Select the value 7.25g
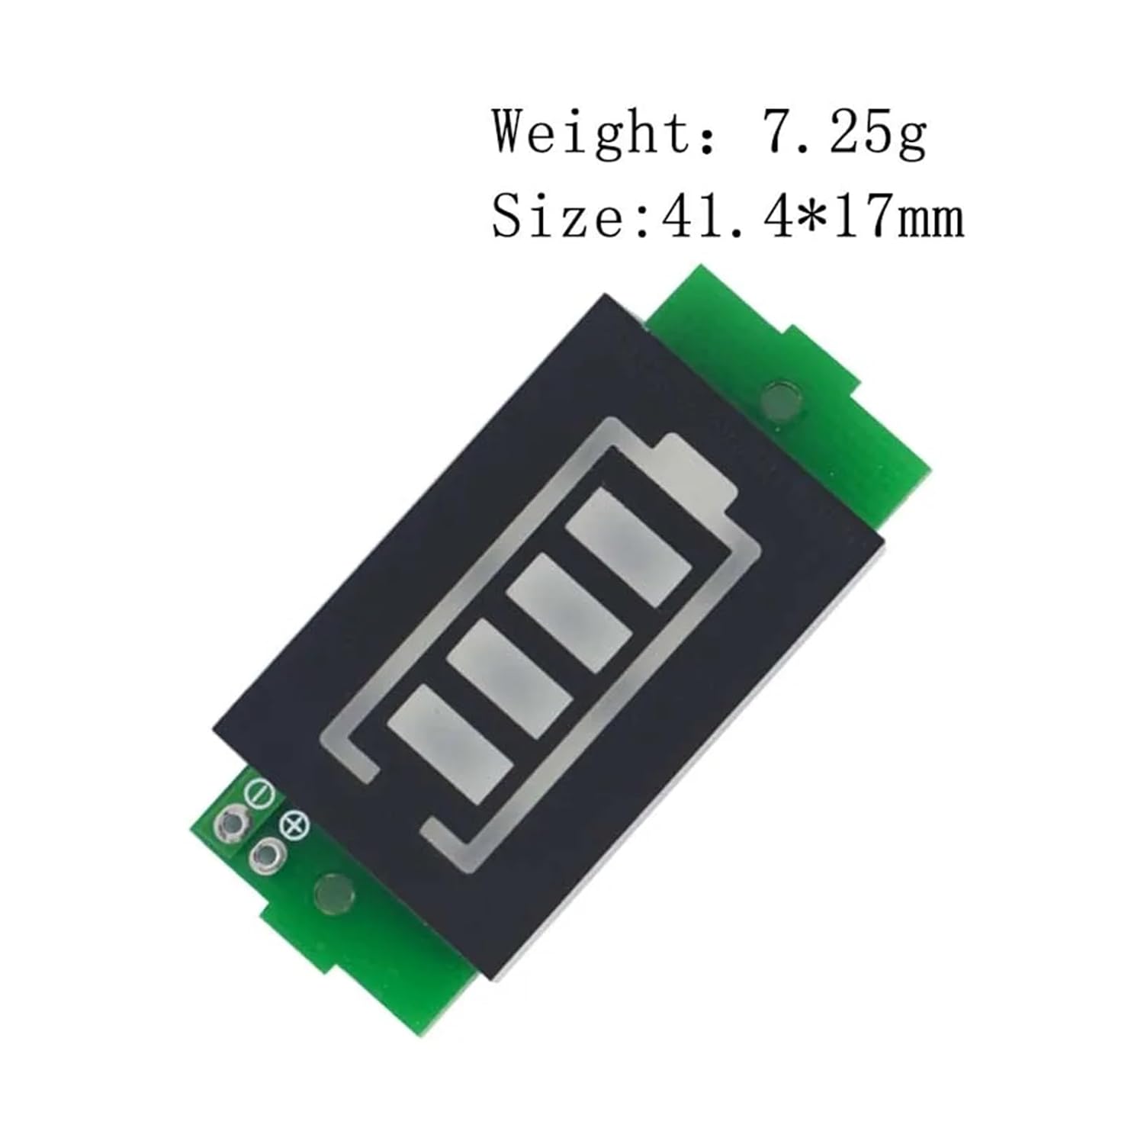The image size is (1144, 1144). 845,131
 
